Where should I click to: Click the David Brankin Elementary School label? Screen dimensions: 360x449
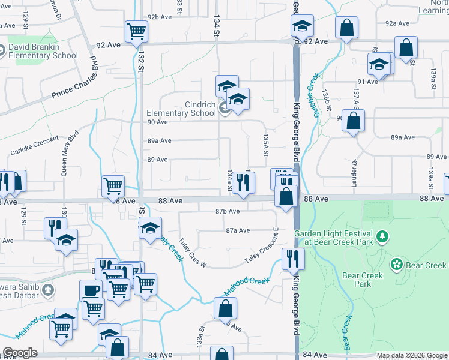42,51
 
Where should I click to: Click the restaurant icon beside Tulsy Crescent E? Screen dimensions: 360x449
293,259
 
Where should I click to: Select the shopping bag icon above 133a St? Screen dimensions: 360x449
225,309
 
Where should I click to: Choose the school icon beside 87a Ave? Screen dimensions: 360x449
151,228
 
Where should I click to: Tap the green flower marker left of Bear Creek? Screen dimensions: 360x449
396,265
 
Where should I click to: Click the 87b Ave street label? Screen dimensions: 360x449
228,211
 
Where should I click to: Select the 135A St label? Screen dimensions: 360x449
265,147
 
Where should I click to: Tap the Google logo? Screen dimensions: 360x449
20,353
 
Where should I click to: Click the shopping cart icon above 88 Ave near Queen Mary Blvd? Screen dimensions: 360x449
113,186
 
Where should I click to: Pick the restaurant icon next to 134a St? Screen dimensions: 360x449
243,183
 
